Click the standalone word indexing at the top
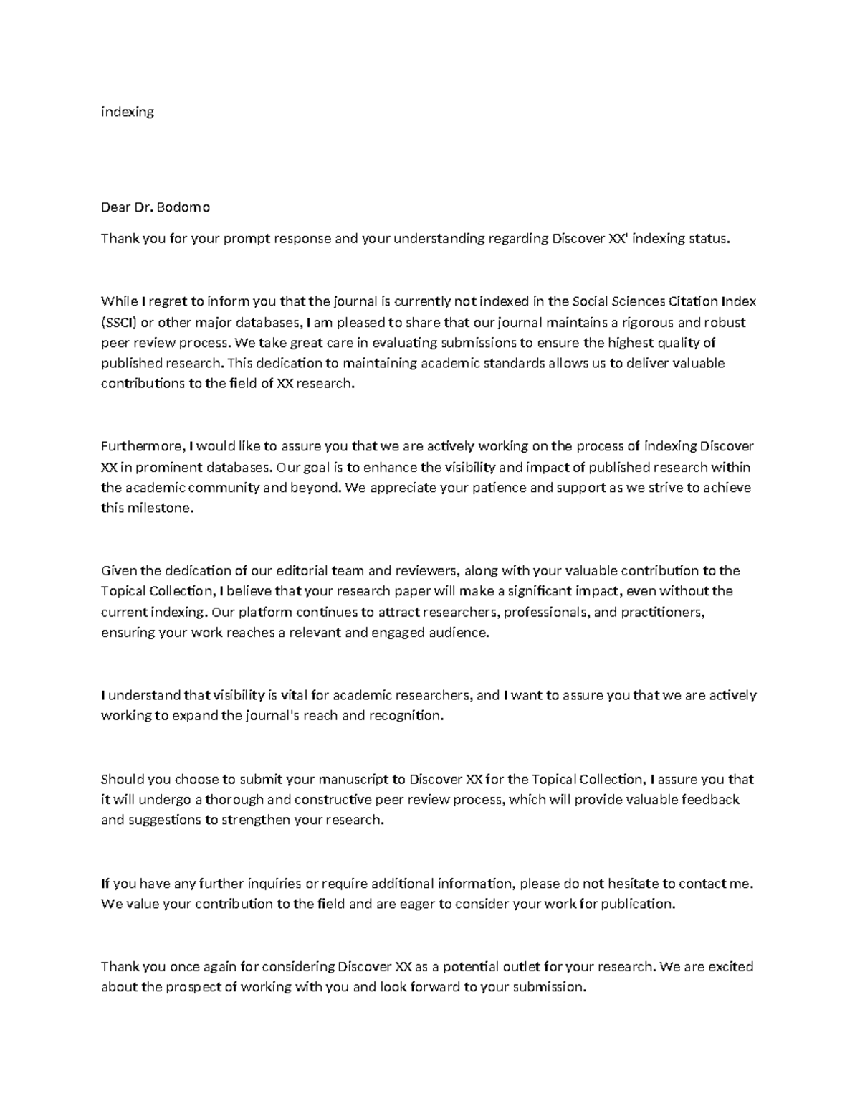click(x=127, y=112)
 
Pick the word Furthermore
click(x=142, y=446)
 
